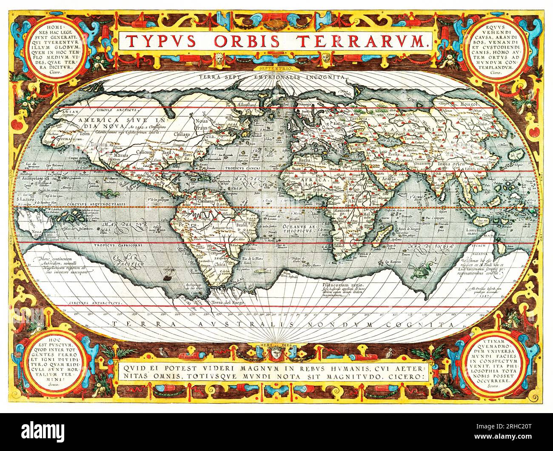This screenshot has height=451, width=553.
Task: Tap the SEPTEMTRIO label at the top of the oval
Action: coord(276,67)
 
